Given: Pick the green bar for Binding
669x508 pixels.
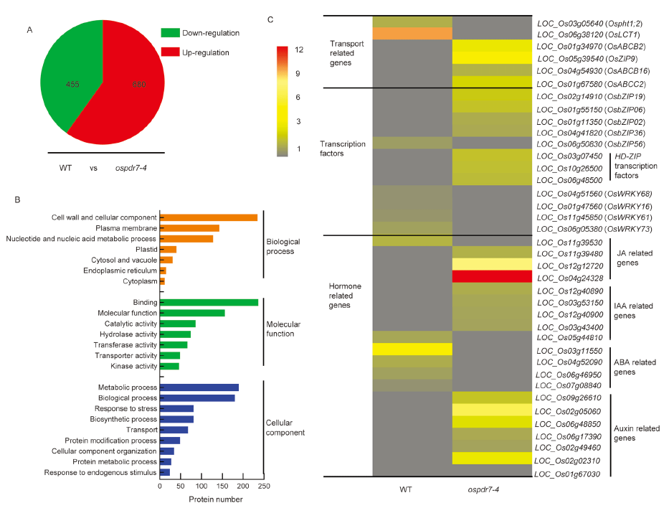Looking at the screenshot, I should [209, 302].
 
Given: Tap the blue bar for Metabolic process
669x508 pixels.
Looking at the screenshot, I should [199, 387].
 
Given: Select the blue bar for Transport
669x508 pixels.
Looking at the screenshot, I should [174, 430].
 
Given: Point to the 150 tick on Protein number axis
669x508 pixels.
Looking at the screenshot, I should [222, 486].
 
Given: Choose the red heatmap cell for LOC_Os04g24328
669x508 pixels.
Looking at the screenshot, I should [491, 276].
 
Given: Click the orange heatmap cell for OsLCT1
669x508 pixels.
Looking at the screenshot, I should [412, 34].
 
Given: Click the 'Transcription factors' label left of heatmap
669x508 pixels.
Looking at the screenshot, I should [343, 148].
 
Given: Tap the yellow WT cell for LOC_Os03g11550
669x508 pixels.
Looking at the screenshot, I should [412, 349].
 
